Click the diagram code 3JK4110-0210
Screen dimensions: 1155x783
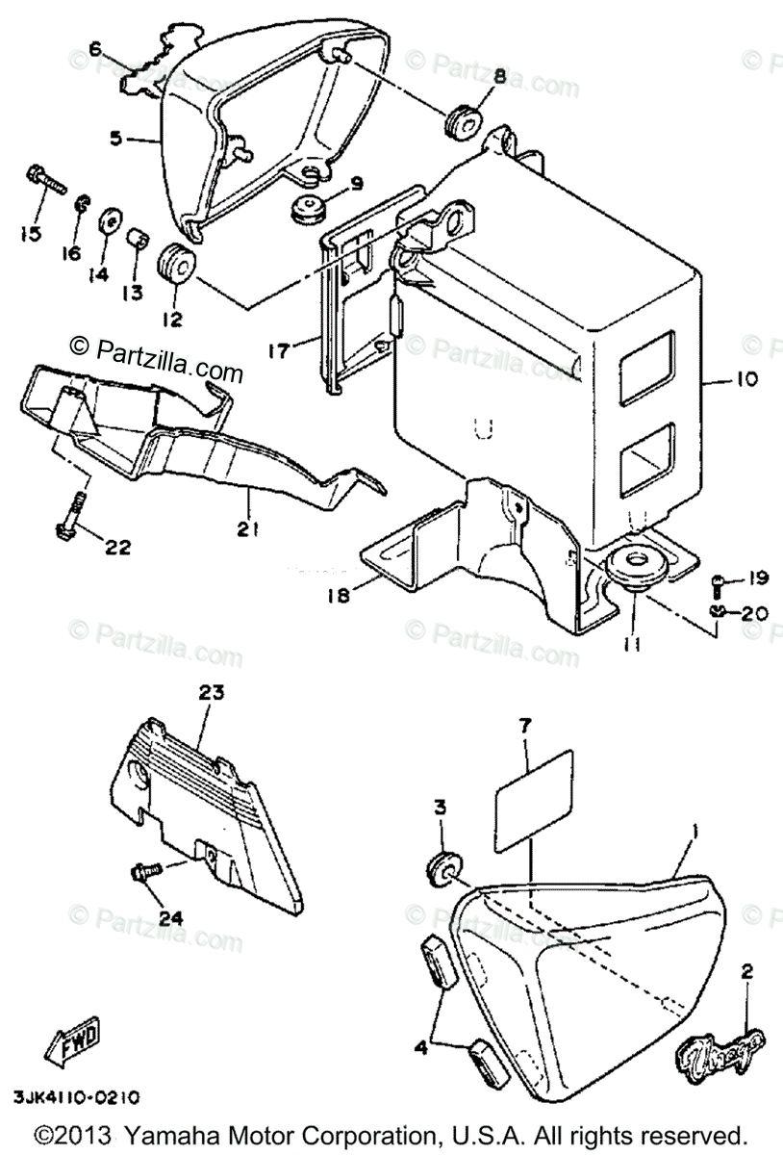pos(77,1097)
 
